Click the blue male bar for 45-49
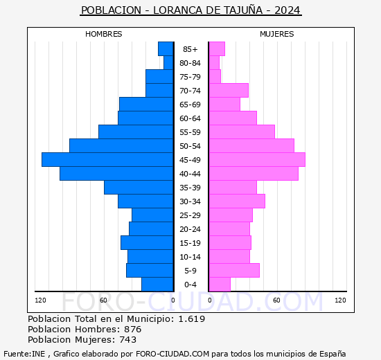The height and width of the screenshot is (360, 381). click(x=107, y=159)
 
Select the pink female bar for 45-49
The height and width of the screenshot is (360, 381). click(x=257, y=159)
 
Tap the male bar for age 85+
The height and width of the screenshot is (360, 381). click(x=166, y=48)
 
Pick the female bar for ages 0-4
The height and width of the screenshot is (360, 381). click(x=220, y=284)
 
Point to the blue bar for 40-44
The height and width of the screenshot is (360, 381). click(x=116, y=173)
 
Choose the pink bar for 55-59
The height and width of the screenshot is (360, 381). click(x=242, y=132)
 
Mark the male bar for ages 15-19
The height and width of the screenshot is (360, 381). click(x=147, y=242)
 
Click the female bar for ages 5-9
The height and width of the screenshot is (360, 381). click(x=234, y=270)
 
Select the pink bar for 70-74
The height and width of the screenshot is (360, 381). click(x=229, y=90)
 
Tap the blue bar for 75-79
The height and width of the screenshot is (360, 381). click(x=159, y=76)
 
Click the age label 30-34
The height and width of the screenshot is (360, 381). click(x=190, y=201)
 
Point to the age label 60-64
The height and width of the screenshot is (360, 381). click(x=190, y=118)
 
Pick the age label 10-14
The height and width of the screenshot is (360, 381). click(x=190, y=257)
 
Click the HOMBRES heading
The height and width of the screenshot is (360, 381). click(x=104, y=34)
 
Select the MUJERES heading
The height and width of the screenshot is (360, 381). click(x=276, y=34)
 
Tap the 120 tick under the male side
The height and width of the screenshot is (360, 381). click(x=41, y=300)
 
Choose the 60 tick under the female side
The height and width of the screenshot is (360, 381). click(x=276, y=300)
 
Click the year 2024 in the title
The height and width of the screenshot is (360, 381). click(x=287, y=10)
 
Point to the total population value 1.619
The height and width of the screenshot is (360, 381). click(x=191, y=319)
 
